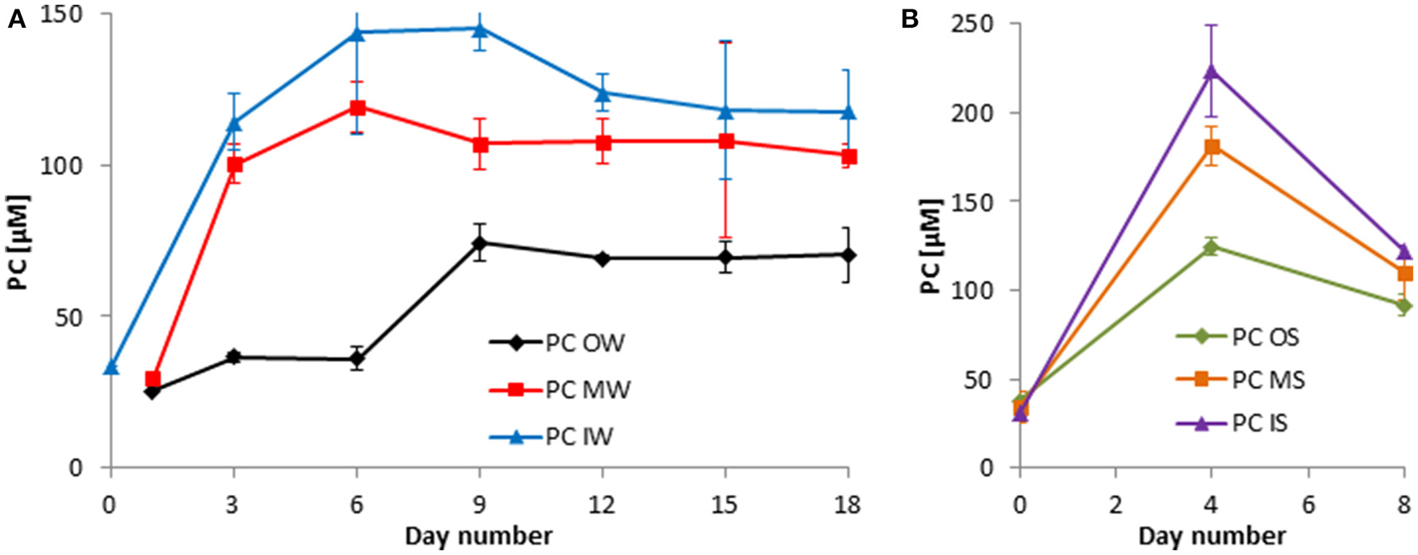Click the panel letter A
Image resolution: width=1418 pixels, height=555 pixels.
17,20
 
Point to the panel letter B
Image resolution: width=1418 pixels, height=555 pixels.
910,20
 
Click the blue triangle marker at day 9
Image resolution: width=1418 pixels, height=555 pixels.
479,30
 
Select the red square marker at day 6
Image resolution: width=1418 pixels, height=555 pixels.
357,107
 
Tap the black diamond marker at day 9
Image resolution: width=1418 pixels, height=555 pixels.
479,243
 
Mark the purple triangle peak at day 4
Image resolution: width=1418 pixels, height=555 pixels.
1212,72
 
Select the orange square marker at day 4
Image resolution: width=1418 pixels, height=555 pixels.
1212,146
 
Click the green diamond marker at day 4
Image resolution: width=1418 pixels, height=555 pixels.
1212,246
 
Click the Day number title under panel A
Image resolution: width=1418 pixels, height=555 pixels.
479,535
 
